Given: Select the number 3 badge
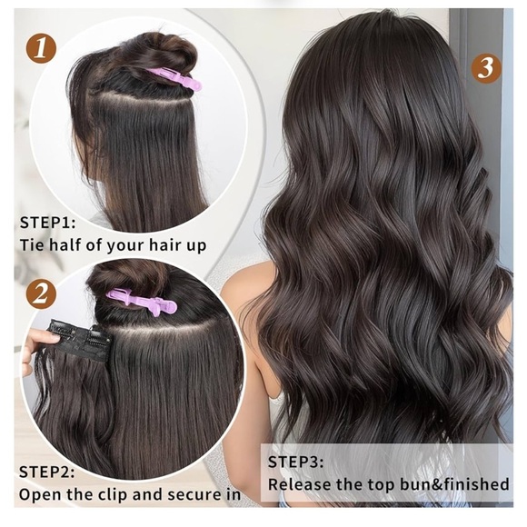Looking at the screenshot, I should pyautogui.click(x=487, y=67).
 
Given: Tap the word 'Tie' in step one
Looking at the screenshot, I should pyautogui.click(x=33, y=245).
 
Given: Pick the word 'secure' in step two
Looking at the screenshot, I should pyautogui.click(x=194, y=495).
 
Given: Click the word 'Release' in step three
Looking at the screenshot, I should pyautogui.click(x=303, y=485).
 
